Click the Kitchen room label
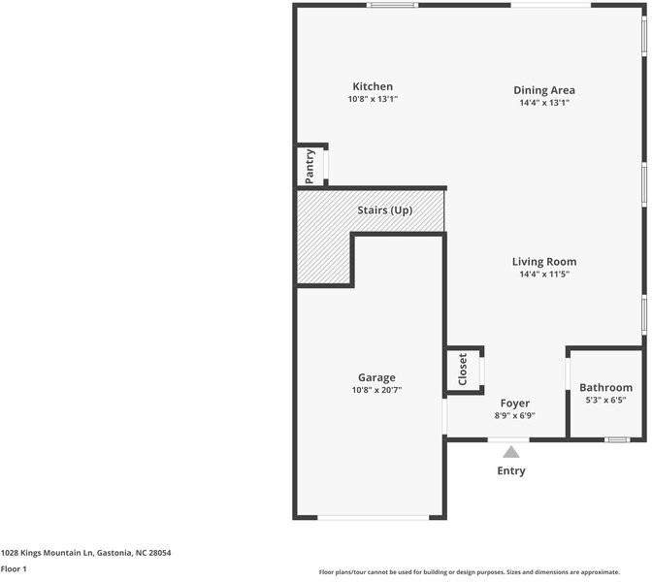click(x=373, y=86)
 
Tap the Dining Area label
click(x=543, y=90)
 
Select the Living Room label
click(x=543, y=261)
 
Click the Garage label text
click(x=376, y=377)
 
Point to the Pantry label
click(x=310, y=166)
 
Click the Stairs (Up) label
click(x=385, y=210)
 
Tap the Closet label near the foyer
click(x=463, y=370)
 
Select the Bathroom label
click(x=605, y=387)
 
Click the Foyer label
click(x=514, y=403)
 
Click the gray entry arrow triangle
click(x=510, y=451)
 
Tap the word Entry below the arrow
click(x=511, y=470)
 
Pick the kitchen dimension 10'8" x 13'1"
click(x=373, y=99)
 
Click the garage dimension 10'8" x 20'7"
click(x=376, y=390)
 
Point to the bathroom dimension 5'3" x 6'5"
click(x=605, y=400)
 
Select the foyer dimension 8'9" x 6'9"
click(x=514, y=415)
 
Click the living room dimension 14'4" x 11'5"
click(x=543, y=274)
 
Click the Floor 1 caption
click(x=14, y=569)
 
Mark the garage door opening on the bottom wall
click(x=373, y=517)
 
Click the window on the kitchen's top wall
click(x=392, y=6)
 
